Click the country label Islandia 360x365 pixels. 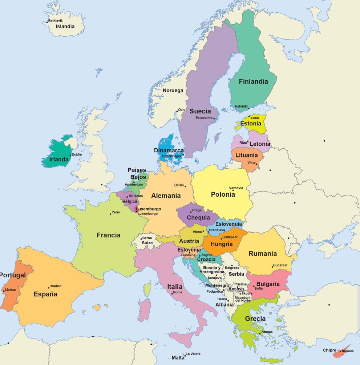click(65, 27)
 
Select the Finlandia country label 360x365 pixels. click(253, 81)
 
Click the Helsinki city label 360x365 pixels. click(241, 106)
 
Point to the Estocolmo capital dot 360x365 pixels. click(214, 119)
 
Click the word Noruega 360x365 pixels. click(173, 91)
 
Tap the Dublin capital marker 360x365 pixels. click(71, 156)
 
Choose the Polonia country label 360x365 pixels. click(223, 194)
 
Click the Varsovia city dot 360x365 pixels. click(233, 190)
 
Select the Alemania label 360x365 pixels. click(166, 196)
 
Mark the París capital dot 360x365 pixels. click(110, 214)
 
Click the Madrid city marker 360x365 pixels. click(49, 288)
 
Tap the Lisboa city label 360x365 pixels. click(10, 290)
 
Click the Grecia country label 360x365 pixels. click(255, 319)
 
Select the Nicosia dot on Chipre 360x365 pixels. click(341, 351)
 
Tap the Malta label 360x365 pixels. click(178, 358)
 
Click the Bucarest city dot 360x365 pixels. click(272, 267)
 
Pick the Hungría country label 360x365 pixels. click(221, 244)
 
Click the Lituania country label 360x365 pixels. click(246, 155)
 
